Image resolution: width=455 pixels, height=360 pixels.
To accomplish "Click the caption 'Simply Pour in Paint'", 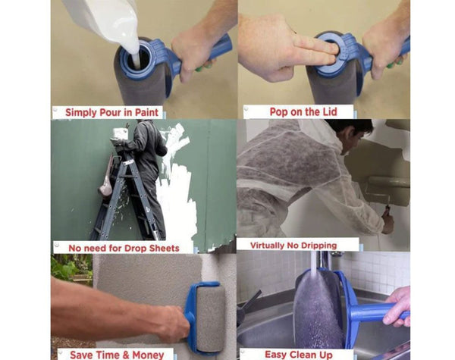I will coord(111,112).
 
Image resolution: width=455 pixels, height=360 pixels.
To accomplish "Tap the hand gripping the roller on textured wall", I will coord(170,322).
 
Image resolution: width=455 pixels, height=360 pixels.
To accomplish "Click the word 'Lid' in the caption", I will coord(324,111).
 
